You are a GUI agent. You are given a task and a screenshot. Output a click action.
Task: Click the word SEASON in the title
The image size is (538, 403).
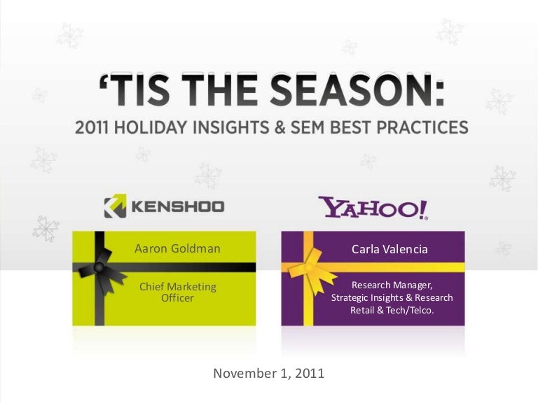click(357, 90)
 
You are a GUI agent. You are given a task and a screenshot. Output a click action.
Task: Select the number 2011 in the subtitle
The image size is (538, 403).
click(92, 127)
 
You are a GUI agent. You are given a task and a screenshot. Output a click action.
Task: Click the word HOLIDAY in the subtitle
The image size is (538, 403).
click(151, 127)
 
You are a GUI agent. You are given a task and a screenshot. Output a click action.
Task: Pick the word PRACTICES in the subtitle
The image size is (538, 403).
click(422, 127)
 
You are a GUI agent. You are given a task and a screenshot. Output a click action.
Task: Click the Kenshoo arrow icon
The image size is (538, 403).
click(116, 206)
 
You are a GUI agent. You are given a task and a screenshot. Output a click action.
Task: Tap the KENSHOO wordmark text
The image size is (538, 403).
click(178, 206)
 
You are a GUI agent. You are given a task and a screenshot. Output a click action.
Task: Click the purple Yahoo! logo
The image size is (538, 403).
click(373, 207)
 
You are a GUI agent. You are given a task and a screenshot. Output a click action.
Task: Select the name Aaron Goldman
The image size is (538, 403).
click(177, 248)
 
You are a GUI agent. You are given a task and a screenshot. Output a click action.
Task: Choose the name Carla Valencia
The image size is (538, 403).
click(389, 249)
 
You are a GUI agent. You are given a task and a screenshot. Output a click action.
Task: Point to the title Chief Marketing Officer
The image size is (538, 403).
click(178, 292)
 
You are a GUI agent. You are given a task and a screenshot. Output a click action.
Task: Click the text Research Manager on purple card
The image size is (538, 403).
click(392, 285)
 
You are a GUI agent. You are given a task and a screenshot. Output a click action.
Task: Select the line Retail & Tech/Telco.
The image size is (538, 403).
click(392, 310)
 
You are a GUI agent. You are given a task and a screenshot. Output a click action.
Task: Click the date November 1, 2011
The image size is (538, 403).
click(269, 373)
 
